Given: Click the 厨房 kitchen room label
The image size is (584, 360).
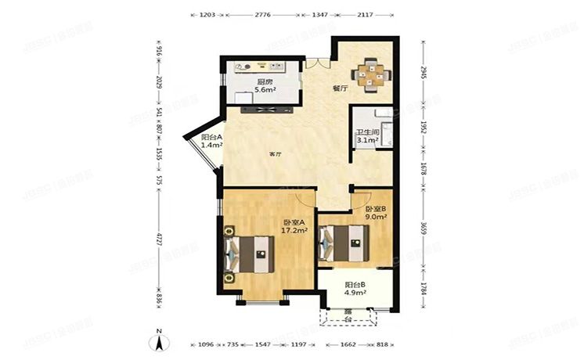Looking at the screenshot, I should point(264,82).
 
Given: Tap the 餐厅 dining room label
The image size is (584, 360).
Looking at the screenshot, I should point(340,88).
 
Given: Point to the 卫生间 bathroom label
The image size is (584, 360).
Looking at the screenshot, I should point(368,132).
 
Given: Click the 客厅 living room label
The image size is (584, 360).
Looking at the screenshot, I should point(275,154).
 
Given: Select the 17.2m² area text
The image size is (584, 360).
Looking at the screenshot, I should point(296,231).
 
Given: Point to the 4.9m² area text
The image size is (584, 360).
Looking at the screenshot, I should point(356,294).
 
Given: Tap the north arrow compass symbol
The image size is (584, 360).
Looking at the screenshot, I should point(159,341).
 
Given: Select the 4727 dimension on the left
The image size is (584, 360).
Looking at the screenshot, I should point(159,237).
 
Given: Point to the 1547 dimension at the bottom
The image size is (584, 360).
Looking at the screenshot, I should point(262,344).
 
